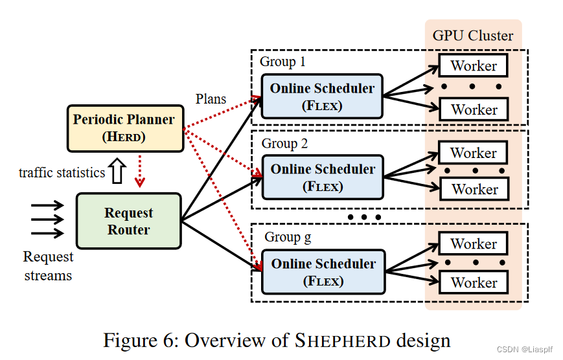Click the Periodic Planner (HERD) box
pyautogui.click(x=124, y=128)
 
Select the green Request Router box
pyautogui.click(x=128, y=221)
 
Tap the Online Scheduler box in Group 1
pyautogui.click(x=322, y=96)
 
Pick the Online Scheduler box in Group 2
pyautogui.click(x=322, y=177)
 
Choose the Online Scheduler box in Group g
pyautogui.click(x=322, y=272)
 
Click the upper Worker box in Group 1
pyautogui.click(x=474, y=65)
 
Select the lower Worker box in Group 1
pyautogui.click(x=474, y=109)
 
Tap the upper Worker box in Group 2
pyautogui.click(x=474, y=153)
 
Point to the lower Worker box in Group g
pyautogui.click(x=474, y=282)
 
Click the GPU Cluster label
pyautogui.click(x=473, y=35)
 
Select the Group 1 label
pyautogui.click(x=282, y=62)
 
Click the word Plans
pyautogui.click(x=211, y=98)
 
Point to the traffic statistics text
pyautogui.click(x=62, y=172)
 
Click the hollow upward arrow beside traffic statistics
pyautogui.click(x=117, y=172)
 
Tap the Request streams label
pyautogui.click(x=49, y=266)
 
